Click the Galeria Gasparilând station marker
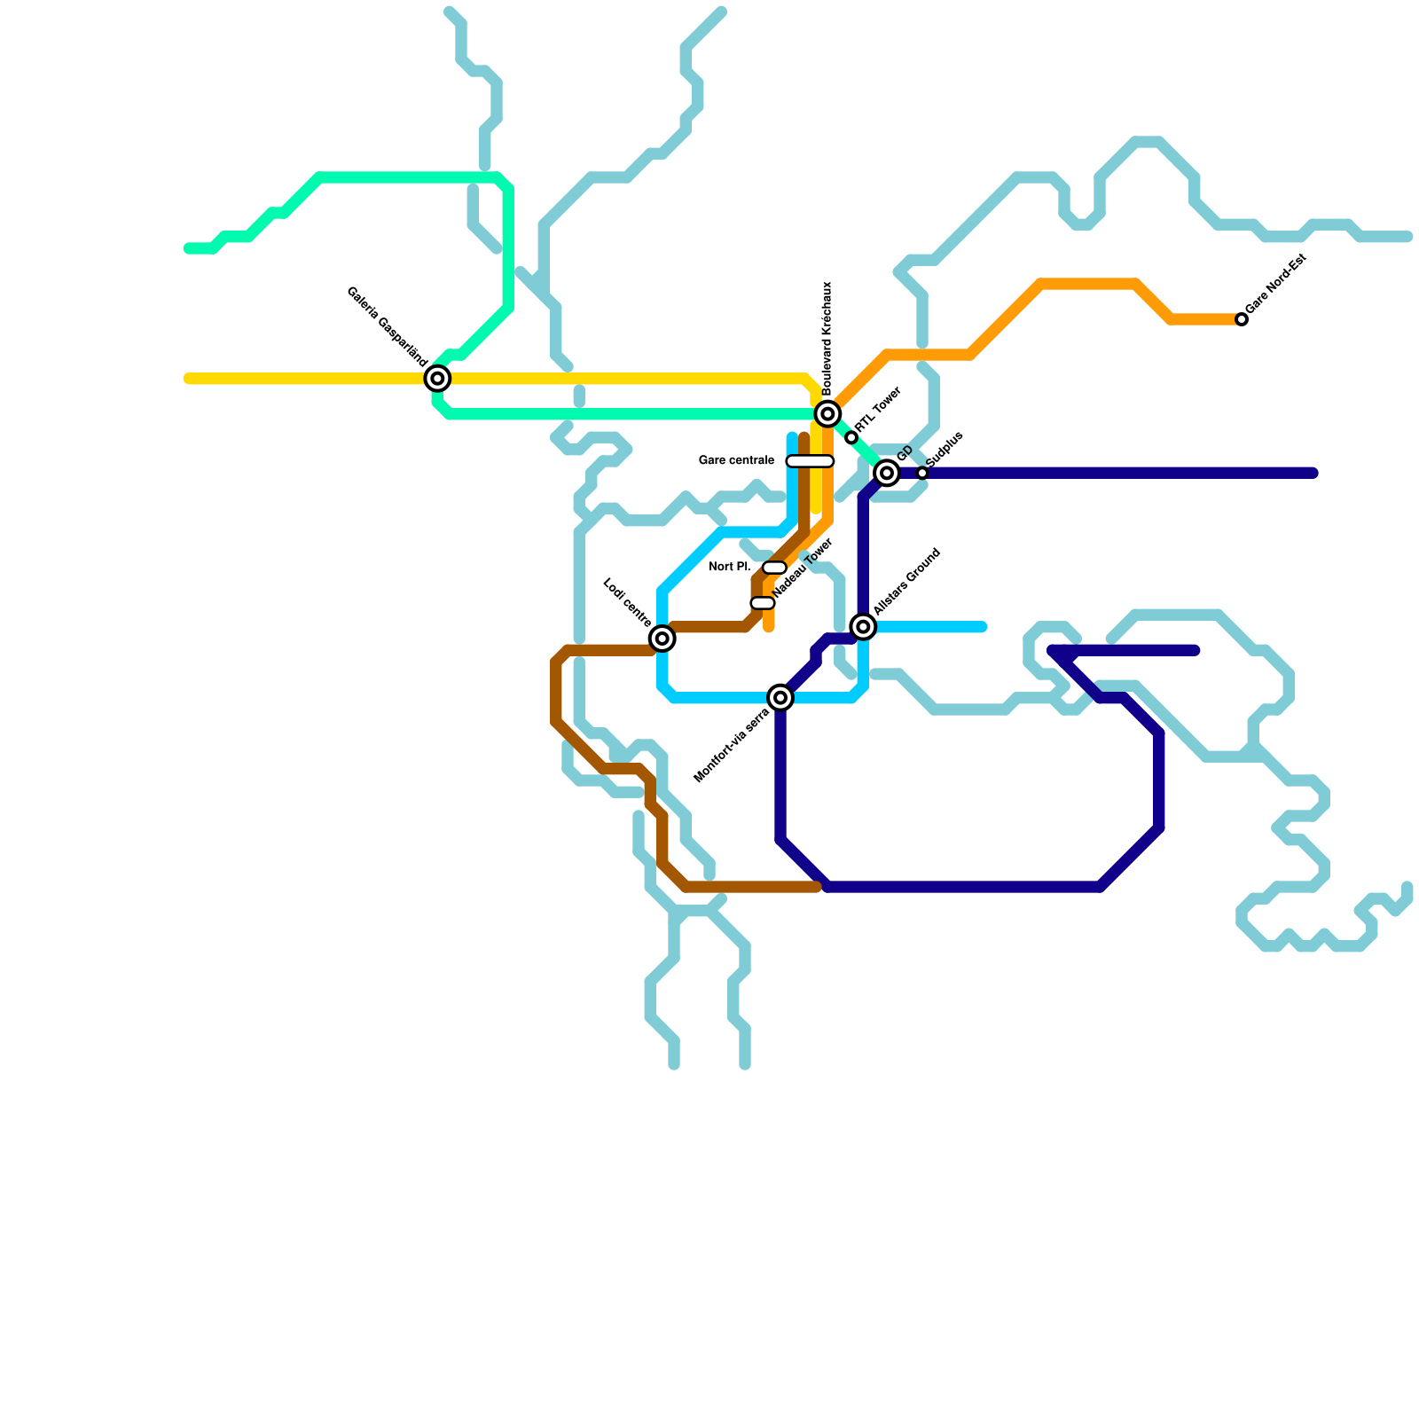coord(437,379)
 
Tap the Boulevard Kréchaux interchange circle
coord(827,413)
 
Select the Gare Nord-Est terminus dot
coord(1242,319)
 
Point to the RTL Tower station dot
coord(851,437)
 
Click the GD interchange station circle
coord(887,473)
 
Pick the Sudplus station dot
coord(922,474)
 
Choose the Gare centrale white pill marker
coord(810,461)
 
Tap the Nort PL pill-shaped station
coord(774,568)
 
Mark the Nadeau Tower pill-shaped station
coord(763,603)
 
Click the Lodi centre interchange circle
coord(662,638)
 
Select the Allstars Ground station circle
coord(863,627)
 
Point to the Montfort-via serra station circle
coord(780,698)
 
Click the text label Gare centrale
coord(736,461)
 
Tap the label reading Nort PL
coord(729,568)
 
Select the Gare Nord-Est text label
coord(1276,283)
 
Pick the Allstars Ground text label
coord(906,582)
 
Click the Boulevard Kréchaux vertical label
coord(827,339)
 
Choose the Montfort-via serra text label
coord(731,746)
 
